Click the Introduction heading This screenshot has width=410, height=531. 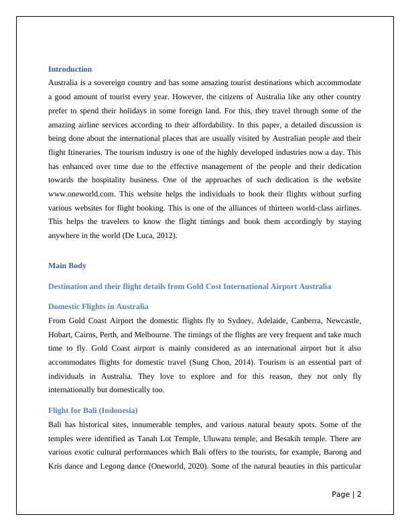(x=70, y=69)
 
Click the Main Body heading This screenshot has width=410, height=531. (x=67, y=265)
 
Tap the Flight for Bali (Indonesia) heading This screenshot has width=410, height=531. (x=92, y=410)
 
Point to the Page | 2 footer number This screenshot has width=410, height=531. (x=346, y=495)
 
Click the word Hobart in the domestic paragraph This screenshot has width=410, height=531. (x=61, y=333)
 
